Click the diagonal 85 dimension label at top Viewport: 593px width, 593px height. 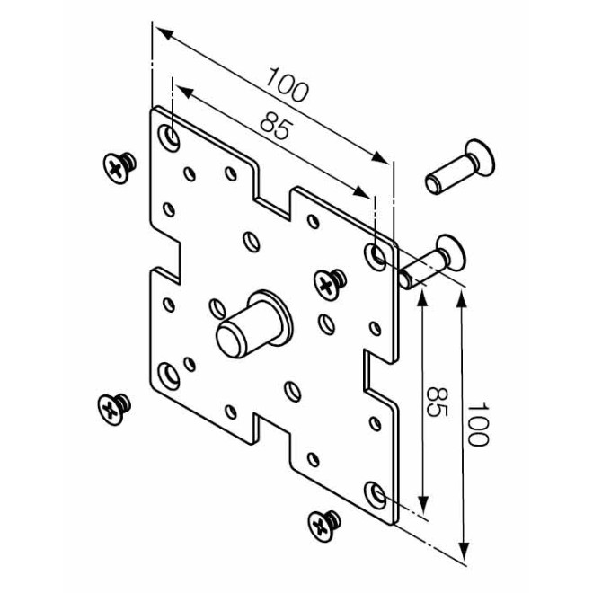coord(277,125)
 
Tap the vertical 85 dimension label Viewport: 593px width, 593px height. coord(438,402)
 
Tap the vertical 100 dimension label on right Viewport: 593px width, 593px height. coord(478,424)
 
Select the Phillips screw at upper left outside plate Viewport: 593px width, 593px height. coord(119,168)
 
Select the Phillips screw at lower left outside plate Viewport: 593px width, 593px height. coord(114,409)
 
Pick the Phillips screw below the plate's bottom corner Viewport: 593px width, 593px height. coord(324,526)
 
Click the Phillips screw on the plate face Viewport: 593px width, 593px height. coord(330,285)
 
